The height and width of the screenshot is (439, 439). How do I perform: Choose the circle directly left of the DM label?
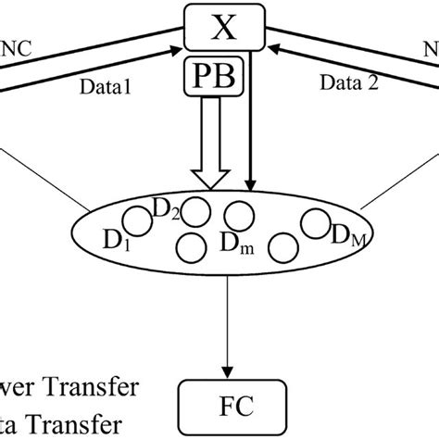pyautogui.click(x=315, y=223)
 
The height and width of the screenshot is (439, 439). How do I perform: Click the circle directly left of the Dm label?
pyautogui.click(x=191, y=247)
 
